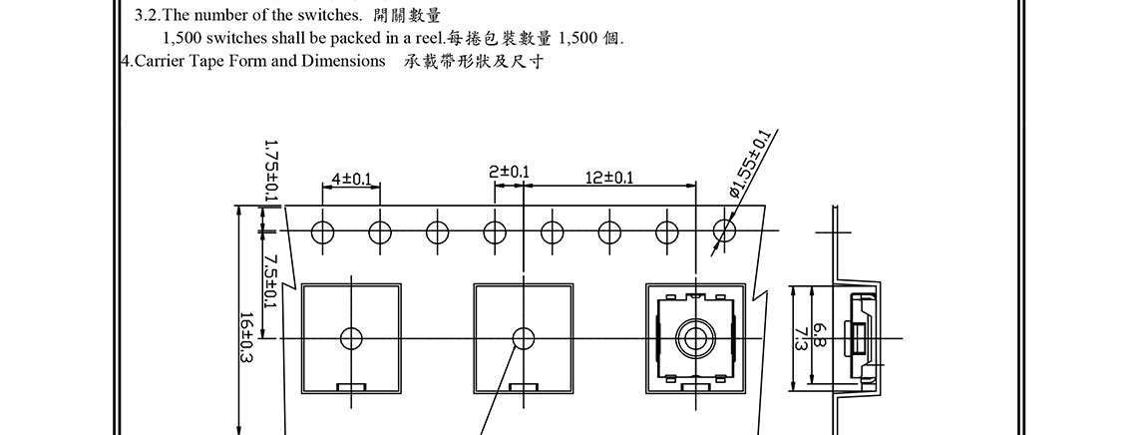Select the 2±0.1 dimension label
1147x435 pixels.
point(509,173)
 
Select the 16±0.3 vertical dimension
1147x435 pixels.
point(245,338)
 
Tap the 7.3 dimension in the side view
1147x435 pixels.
point(800,338)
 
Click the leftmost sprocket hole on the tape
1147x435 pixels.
point(321,232)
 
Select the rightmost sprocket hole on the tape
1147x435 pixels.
point(724,232)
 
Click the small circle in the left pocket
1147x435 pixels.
point(351,338)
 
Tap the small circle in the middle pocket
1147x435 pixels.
point(523,338)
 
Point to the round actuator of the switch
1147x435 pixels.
point(694,338)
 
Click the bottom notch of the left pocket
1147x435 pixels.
point(351,386)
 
